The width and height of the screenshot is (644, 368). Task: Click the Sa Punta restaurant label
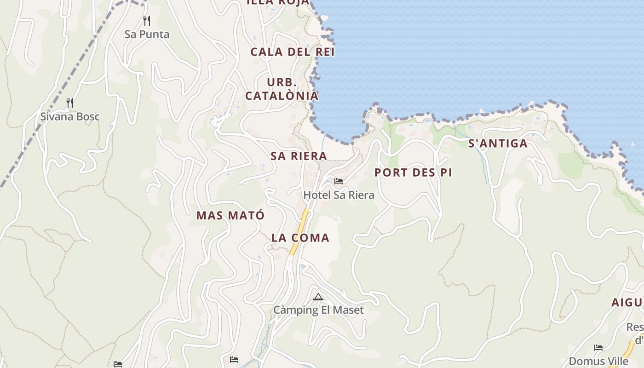click(x=147, y=34)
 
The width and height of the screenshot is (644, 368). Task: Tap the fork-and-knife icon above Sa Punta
click(x=146, y=21)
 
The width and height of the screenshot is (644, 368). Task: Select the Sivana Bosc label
click(x=70, y=117)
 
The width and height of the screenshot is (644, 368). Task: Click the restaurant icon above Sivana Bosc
click(x=70, y=103)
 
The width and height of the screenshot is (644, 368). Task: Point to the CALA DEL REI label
click(x=293, y=52)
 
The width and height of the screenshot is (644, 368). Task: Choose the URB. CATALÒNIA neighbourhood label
click(x=282, y=89)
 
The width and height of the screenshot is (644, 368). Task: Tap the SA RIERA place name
click(x=299, y=156)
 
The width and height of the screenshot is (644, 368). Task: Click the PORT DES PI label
click(x=413, y=172)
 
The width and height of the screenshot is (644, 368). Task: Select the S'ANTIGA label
click(x=498, y=144)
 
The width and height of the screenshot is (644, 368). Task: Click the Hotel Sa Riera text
click(x=339, y=195)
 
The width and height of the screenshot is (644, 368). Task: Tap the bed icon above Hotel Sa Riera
click(x=339, y=181)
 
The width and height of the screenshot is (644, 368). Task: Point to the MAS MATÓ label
click(x=230, y=215)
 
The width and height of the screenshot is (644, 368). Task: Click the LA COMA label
click(x=300, y=238)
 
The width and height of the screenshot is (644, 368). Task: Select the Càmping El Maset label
click(x=318, y=310)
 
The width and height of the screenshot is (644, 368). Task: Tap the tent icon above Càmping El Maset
click(x=318, y=297)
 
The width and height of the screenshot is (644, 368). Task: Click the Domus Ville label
click(x=598, y=361)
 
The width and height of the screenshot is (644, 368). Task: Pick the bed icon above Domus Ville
click(x=598, y=347)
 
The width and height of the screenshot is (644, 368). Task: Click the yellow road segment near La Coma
click(x=299, y=231)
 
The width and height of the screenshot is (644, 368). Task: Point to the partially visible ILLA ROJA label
click(x=278, y=3)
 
